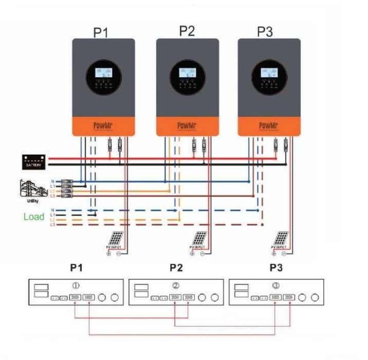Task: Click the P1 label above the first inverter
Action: [101, 32]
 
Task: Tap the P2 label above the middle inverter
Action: [187, 31]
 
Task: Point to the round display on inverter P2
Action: [187, 78]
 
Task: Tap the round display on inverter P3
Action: [268, 78]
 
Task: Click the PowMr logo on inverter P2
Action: [187, 125]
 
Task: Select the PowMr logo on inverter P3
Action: [268, 125]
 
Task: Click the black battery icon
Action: [35, 161]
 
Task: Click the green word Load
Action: [34, 217]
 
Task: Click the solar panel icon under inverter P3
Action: [281, 238]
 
